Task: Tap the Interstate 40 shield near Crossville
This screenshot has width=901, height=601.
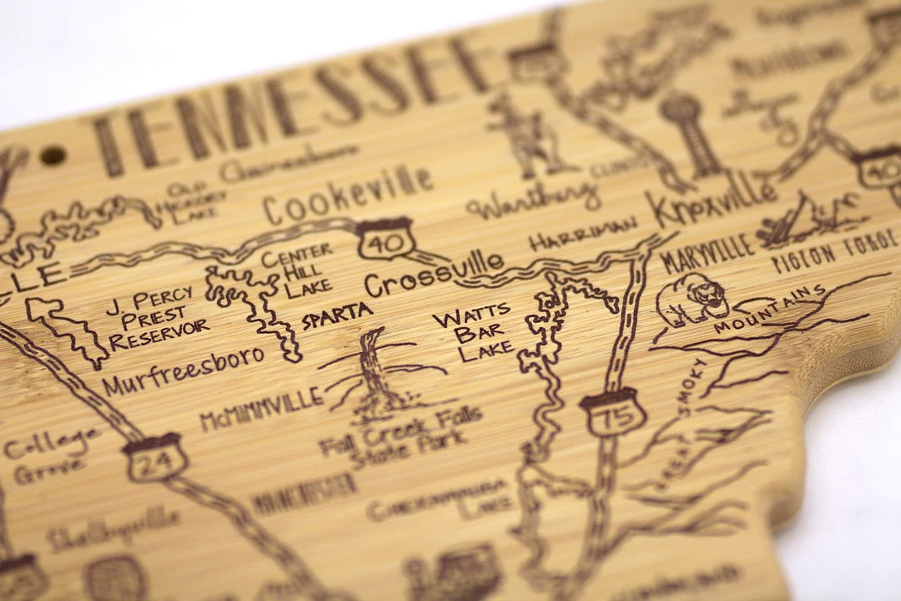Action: tap(385, 240)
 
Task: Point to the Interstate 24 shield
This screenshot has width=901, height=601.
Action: tap(154, 457)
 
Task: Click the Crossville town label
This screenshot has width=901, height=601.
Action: tap(434, 274)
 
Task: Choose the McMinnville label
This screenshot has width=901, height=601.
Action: tap(261, 409)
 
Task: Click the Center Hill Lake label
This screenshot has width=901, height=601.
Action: tap(297, 270)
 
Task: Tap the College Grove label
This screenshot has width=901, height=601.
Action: tap(50, 454)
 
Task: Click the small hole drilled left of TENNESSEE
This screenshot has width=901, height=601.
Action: tap(53, 154)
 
